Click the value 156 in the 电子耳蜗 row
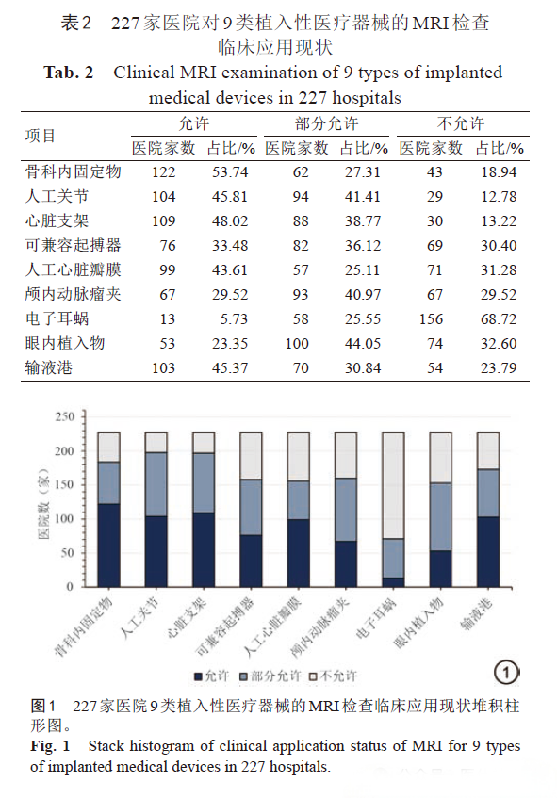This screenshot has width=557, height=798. coord(431,319)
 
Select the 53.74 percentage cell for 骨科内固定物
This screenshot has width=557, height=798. coord(230,172)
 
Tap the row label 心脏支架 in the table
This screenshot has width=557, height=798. coord(57,220)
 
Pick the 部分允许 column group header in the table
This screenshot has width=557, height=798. coord(326,123)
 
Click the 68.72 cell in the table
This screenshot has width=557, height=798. coord(499,319)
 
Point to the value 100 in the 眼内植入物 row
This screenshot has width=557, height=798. coord(297,344)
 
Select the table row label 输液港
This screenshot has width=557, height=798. coord(49,367)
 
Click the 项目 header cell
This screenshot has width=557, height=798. coord(41,136)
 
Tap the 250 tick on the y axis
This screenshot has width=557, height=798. coord(65,416)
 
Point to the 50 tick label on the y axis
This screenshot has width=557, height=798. coord(68,553)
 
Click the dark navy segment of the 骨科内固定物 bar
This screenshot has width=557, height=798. coord(109,546)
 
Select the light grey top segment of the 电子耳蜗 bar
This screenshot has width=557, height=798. coord(393,485)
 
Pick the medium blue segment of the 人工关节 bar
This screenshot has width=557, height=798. coord(156,484)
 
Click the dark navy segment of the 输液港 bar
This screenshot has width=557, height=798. coord(488,552)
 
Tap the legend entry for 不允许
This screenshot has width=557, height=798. coord(334,676)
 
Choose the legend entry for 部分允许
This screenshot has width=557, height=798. coord(270,676)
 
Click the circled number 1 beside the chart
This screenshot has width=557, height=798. coord(507,673)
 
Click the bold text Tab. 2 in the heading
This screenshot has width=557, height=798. coord(69,73)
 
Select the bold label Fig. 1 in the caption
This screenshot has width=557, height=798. coord(50,746)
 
